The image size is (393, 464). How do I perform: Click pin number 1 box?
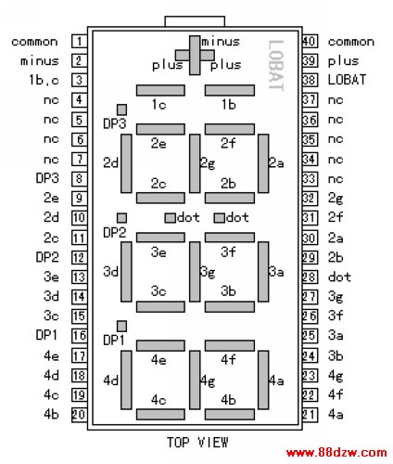80,41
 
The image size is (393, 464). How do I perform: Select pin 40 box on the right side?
310,41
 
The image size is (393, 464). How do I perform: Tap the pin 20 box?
80,415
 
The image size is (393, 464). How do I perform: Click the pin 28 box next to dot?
310,277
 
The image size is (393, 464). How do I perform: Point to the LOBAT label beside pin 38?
347,80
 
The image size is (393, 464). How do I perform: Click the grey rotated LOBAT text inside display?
276,65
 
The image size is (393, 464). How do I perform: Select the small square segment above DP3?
121,110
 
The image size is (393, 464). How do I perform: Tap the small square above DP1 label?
121,326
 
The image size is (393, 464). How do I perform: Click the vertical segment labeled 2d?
126,163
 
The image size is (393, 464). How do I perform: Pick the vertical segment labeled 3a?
263,272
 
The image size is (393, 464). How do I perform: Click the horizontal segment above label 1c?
160,90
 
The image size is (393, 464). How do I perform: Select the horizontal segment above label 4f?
230,345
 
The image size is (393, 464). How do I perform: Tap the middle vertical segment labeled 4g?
195,380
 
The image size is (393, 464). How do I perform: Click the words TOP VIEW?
197,443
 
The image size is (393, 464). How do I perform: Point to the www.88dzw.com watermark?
336,453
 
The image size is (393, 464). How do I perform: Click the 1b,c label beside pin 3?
44,80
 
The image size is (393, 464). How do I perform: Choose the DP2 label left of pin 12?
47,257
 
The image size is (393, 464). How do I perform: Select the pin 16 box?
80,335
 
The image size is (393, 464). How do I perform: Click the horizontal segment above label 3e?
160,238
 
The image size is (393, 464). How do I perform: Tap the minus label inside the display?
221,42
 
